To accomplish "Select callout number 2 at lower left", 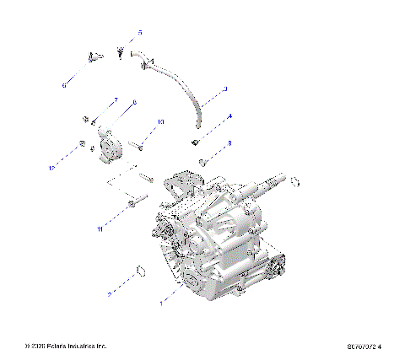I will [x=110, y=294].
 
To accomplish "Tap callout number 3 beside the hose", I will [x=224, y=89].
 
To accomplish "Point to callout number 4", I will [x=230, y=116].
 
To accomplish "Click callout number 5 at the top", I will [x=140, y=32].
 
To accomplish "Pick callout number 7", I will [x=116, y=100].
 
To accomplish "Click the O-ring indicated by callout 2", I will [x=140, y=272].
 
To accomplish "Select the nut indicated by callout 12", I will [x=80, y=145].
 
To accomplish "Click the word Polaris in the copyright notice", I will [x=57, y=346].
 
